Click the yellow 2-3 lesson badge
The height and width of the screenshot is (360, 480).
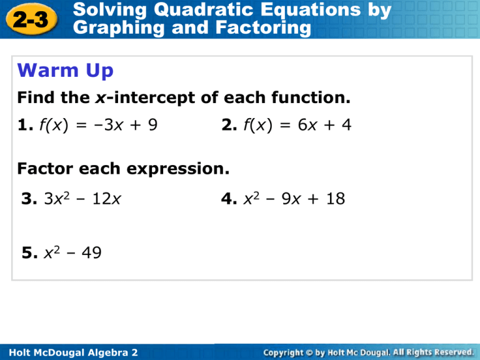coord(31,19)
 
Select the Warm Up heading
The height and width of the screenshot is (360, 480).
coord(66,71)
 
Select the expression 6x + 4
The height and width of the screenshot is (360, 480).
coord(325,126)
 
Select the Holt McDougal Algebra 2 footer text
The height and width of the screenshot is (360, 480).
coord(70,352)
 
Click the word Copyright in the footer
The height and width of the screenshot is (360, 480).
coord(288,352)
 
